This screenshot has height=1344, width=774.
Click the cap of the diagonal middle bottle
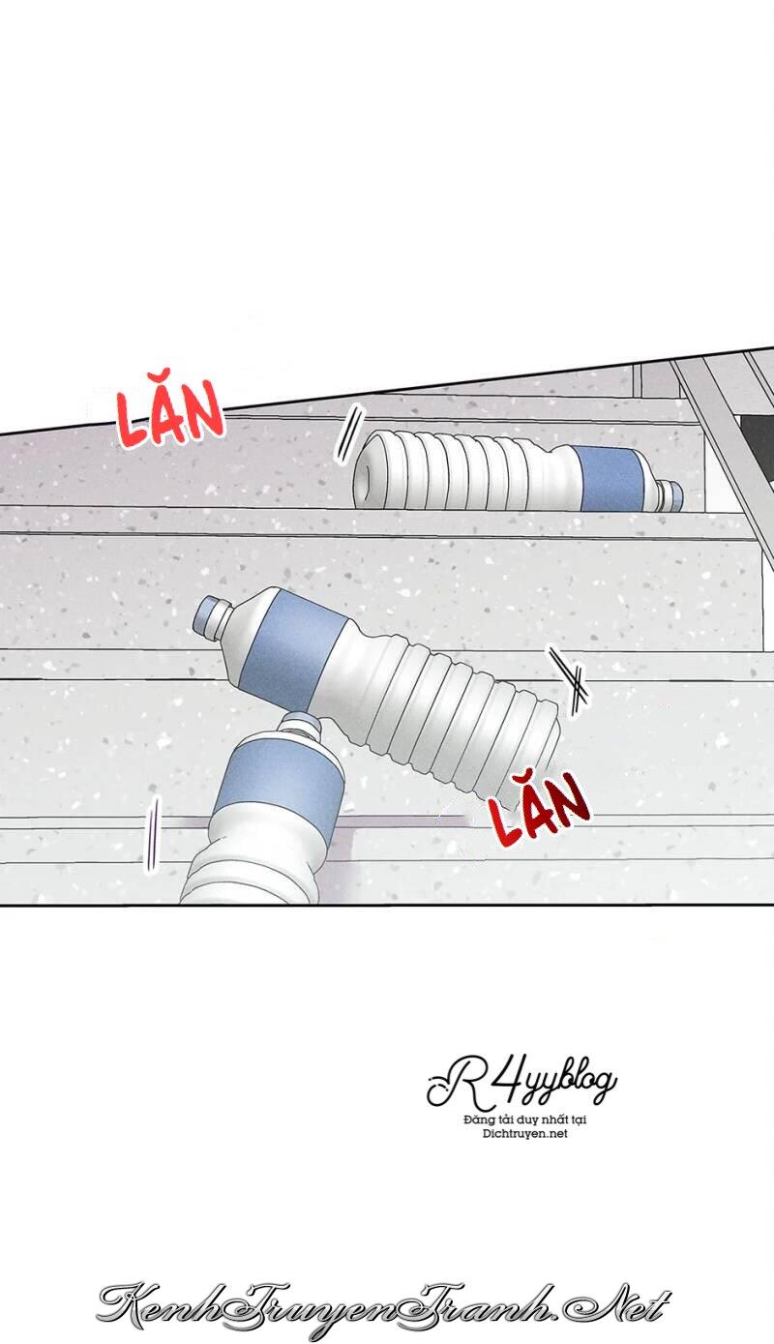[x=211, y=614]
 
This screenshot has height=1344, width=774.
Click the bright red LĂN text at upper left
[x=170, y=414]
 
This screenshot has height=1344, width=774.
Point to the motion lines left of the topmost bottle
[x=349, y=433]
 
